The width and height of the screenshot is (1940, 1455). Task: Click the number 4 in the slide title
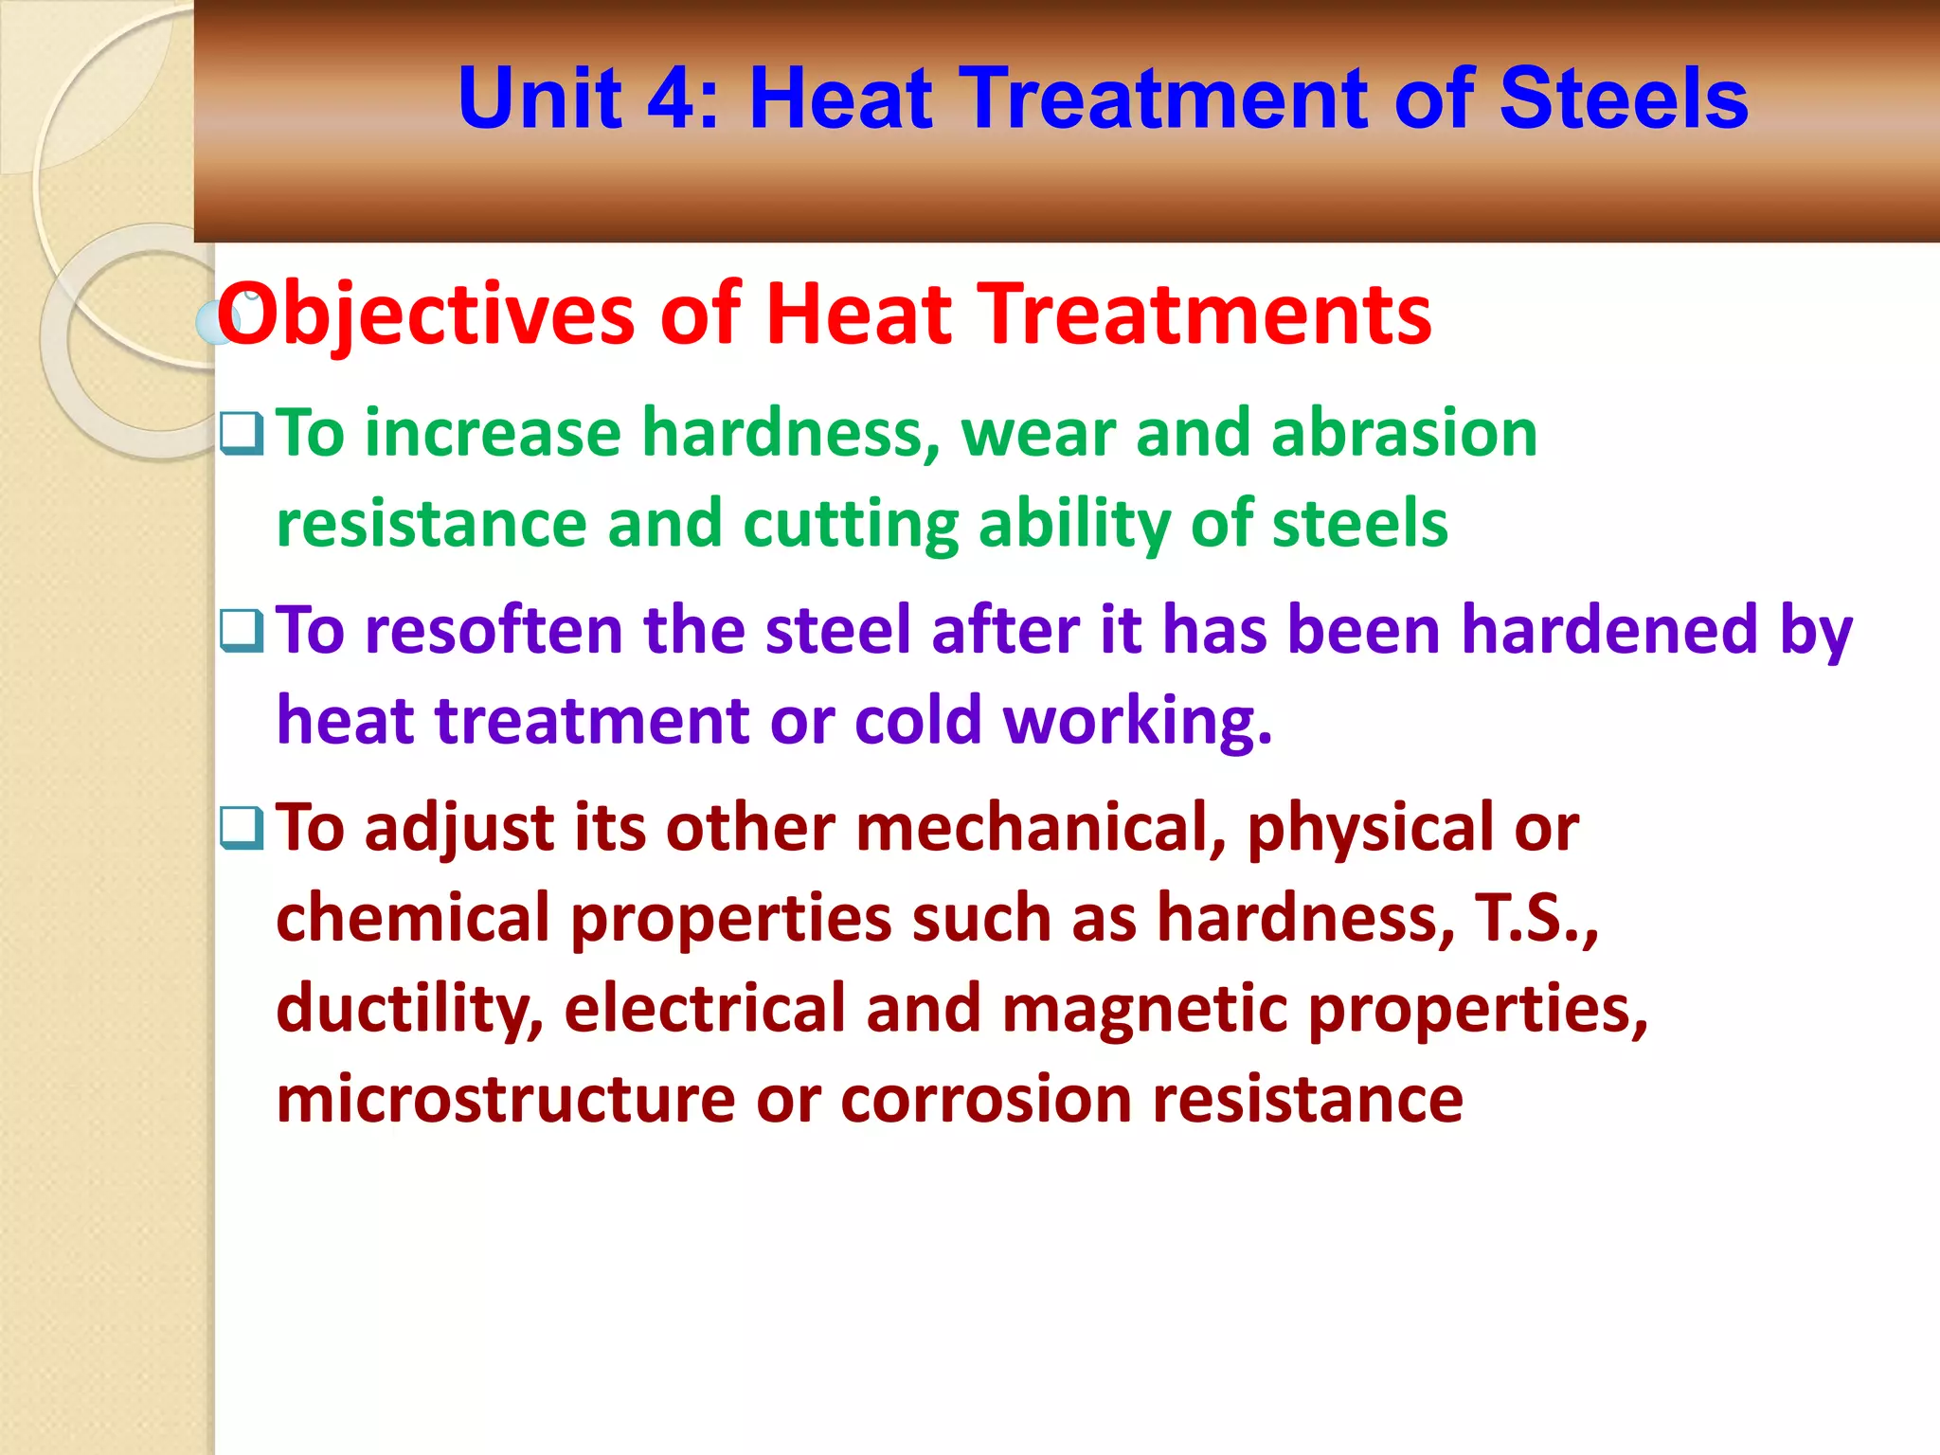[x=675, y=99]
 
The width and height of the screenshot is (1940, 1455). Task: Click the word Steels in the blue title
[x=1623, y=99]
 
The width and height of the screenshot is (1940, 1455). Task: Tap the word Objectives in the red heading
[x=425, y=314]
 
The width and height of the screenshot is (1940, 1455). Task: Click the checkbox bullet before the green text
[x=242, y=434]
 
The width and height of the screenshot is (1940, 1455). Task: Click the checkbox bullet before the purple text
[x=242, y=631]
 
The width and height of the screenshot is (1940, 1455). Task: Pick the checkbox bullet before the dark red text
[x=242, y=828]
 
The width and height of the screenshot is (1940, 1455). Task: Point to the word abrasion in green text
[x=1404, y=434]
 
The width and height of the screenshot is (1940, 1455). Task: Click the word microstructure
[x=505, y=1101]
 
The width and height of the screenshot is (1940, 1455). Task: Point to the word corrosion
[x=986, y=1101]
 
